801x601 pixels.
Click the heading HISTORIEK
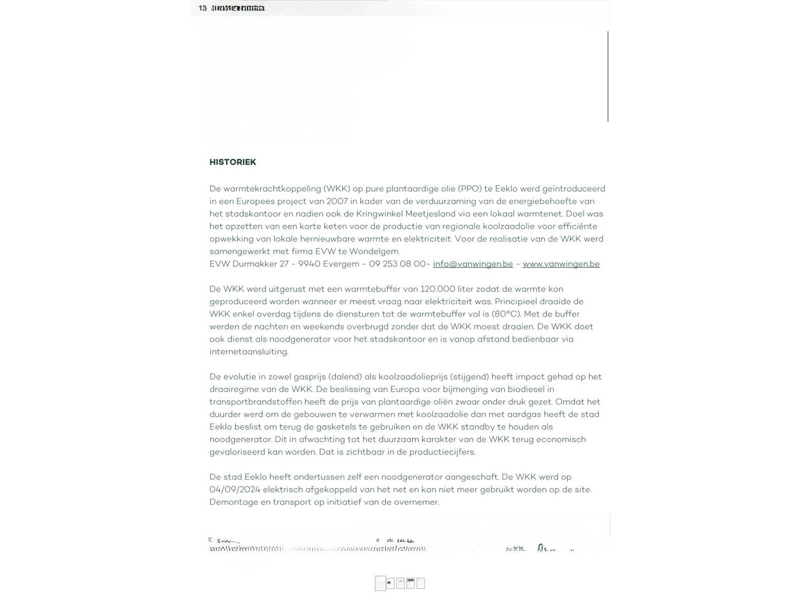tap(233, 162)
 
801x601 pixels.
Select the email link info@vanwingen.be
tap(473, 264)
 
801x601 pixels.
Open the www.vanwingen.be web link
tap(561, 264)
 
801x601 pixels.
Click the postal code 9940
tap(309, 264)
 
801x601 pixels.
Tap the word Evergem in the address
tap(341, 264)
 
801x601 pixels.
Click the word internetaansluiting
tap(249, 352)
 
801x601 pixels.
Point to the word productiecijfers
tap(442, 452)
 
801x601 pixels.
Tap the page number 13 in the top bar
tap(203, 8)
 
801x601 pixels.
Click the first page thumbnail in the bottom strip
tap(380, 583)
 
